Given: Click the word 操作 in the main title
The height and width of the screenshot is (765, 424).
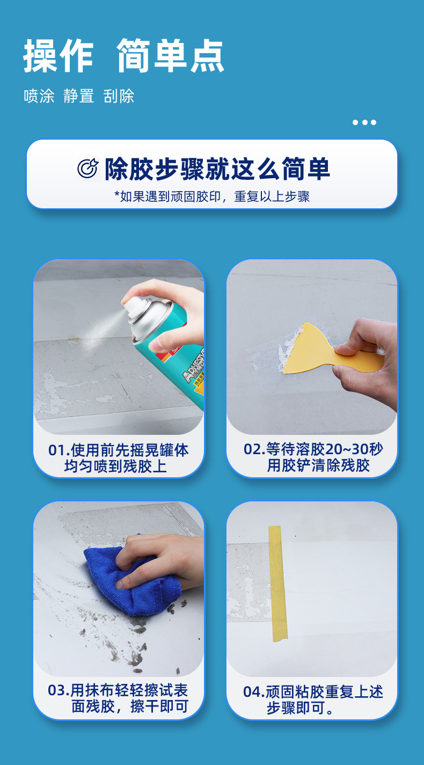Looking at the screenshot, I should click(58, 56).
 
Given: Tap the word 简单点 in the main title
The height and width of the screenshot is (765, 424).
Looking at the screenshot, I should click(170, 56).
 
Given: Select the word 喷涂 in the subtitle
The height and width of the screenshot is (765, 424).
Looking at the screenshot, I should click(39, 97).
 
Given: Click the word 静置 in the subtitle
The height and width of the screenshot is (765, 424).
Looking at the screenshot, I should click(78, 97).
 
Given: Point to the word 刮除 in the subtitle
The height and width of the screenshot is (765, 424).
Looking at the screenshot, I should click(119, 97).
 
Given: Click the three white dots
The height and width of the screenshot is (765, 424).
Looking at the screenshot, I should click(364, 122).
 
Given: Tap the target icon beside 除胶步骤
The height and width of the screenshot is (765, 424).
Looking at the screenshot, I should click(87, 169).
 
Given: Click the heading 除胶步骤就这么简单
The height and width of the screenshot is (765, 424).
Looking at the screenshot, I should click(217, 169).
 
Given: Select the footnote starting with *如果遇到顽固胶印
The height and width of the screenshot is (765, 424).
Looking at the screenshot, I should click(212, 196).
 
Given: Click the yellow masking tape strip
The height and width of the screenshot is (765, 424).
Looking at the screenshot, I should click(278, 582).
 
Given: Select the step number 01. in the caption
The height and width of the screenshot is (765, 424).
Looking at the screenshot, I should click(59, 450).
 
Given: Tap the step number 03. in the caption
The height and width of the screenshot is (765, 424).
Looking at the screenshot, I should click(59, 690).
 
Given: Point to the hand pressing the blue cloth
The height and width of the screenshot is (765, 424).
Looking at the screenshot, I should click(161, 561).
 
